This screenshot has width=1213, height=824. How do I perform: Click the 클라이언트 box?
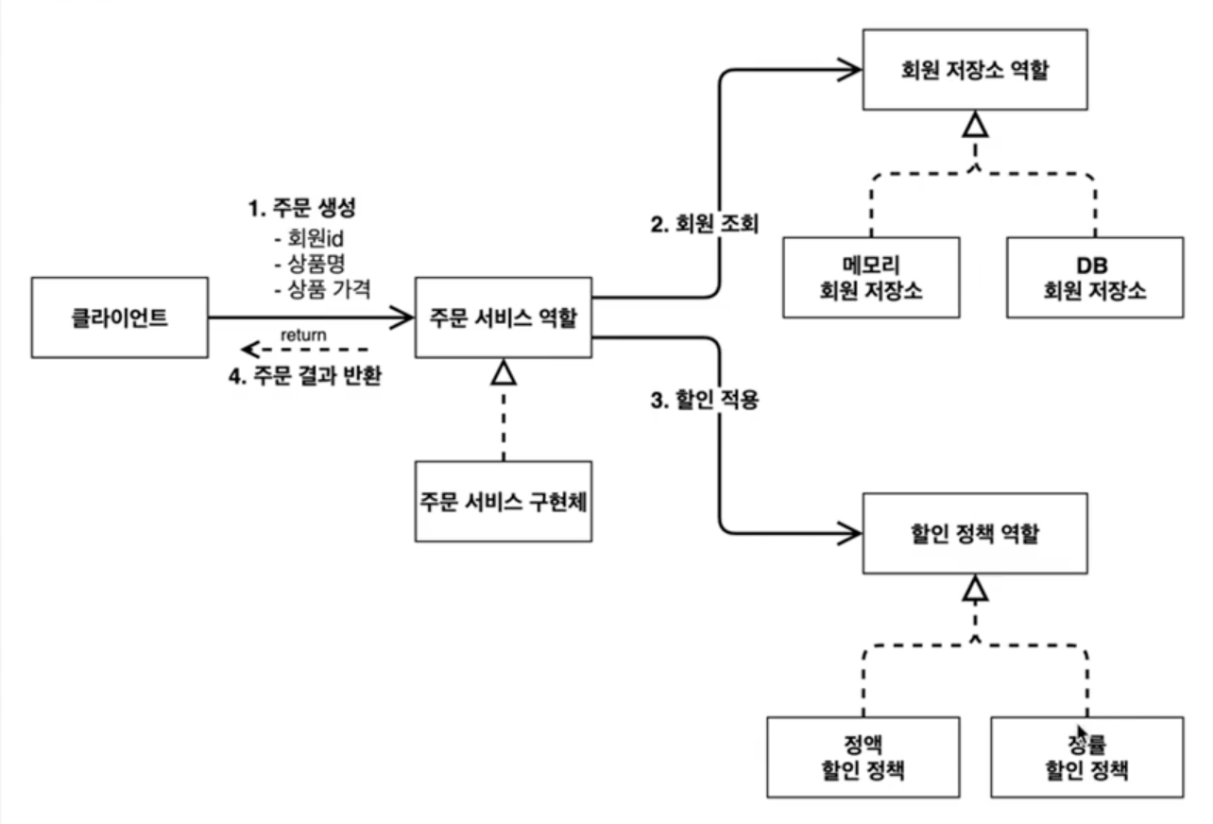[119, 318]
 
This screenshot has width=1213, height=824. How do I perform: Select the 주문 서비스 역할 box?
[504, 318]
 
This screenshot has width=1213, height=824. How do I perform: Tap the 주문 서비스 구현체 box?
[504, 501]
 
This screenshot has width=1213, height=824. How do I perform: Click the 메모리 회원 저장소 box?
[871, 276]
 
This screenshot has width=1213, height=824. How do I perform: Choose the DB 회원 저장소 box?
[1094, 276]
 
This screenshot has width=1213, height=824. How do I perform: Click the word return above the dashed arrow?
[304, 334]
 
